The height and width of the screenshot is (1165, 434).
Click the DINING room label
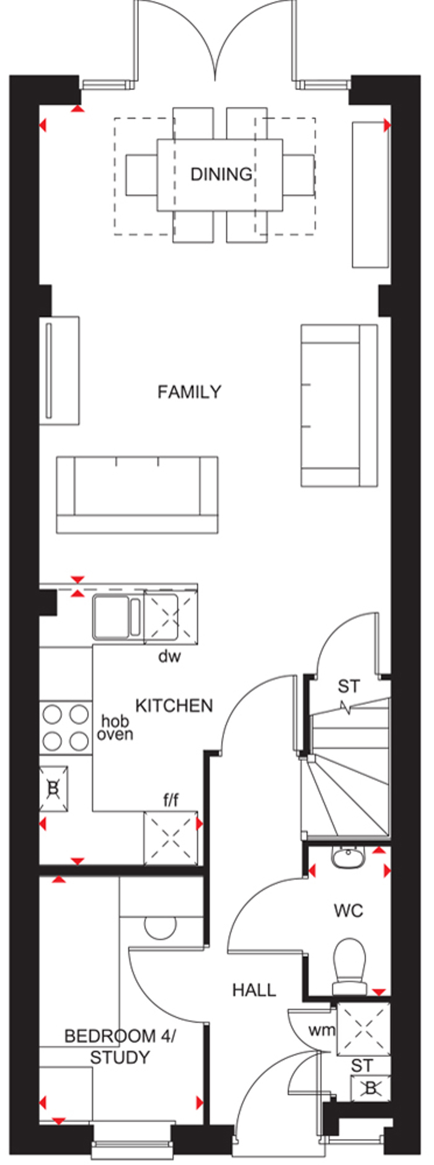[x=221, y=174]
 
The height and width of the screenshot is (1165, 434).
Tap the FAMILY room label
[x=189, y=392]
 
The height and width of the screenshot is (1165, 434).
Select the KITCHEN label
[x=174, y=706]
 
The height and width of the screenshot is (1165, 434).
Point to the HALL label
[x=254, y=990]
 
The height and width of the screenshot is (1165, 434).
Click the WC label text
[x=348, y=911]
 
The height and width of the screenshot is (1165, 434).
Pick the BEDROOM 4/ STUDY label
[x=120, y=1046]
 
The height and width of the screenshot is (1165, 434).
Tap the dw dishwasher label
[x=169, y=655]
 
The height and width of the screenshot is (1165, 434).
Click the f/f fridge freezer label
[x=171, y=801]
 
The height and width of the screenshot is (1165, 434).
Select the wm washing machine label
[x=322, y=1031]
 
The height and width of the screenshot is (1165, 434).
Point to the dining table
[x=220, y=175]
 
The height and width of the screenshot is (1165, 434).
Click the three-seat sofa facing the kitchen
[x=137, y=495]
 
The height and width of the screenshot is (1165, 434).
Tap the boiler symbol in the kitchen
[x=53, y=788]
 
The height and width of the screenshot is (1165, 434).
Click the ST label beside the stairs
[x=348, y=686]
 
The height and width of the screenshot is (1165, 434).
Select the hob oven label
[x=115, y=728]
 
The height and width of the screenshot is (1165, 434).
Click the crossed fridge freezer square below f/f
[x=171, y=838]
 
